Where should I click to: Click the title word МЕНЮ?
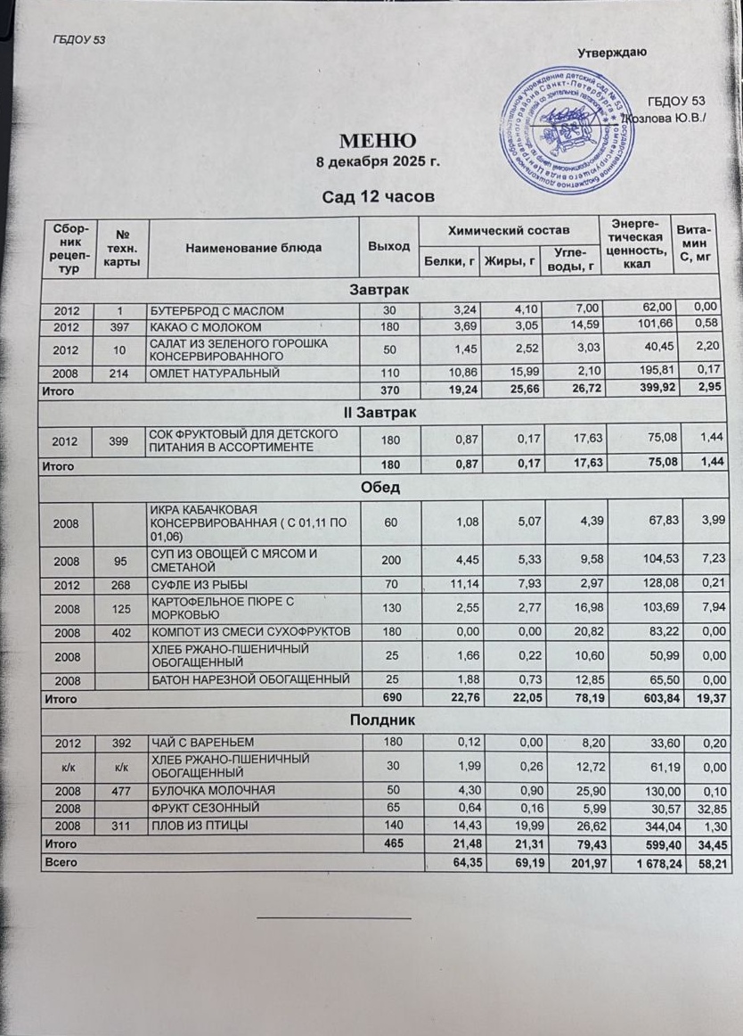click(376, 141)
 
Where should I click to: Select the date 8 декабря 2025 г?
click(378, 163)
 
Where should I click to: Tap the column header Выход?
click(389, 246)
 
